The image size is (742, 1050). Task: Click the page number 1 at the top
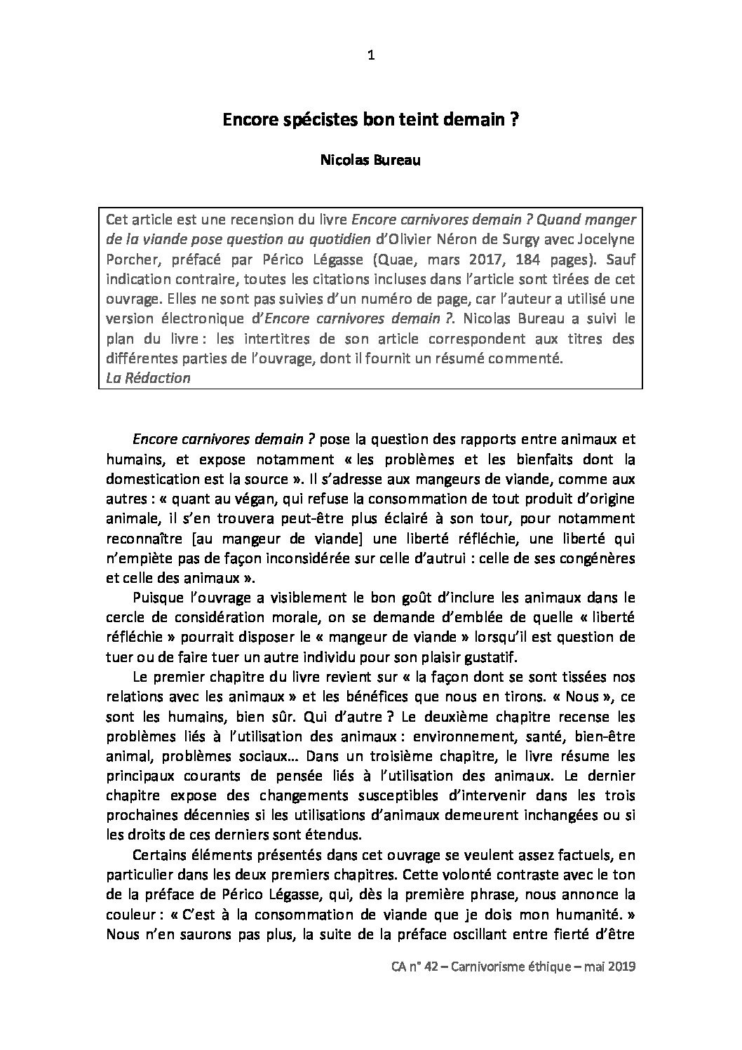(x=371, y=57)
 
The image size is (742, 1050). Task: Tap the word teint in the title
(x=413, y=120)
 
